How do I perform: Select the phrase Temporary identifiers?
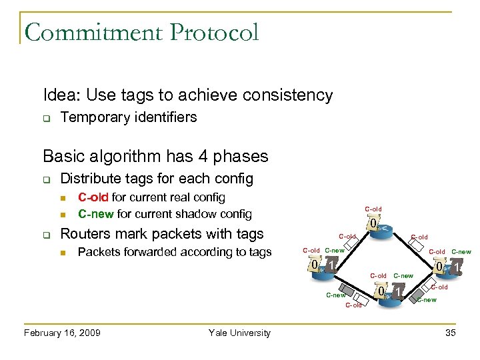point(129,117)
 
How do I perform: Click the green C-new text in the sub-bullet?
point(96,214)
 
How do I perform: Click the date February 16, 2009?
point(62,333)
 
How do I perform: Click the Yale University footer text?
point(239,333)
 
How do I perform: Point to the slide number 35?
point(450,333)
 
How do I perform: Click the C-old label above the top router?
point(373,209)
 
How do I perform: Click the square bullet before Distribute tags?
point(47,179)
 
